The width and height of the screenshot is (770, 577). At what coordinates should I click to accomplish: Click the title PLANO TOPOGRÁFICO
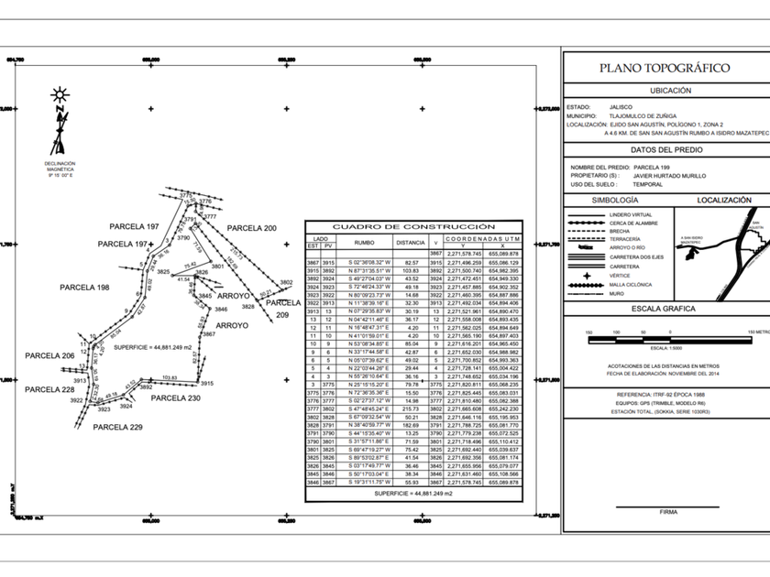pyautogui.click(x=664, y=68)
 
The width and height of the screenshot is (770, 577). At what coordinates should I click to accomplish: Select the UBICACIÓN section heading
pyautogui.click(x=664, y=91)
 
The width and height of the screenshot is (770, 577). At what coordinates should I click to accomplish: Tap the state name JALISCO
pyautogui.click(x=621, y=106)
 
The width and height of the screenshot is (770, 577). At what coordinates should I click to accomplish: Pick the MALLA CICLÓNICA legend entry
pyautogui.click(x=630, y=284)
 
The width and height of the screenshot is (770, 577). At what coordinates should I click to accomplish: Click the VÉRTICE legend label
pyautogui.click(x=622, y=275)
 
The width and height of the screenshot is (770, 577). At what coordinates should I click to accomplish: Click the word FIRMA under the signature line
pyautogui.click(x=667, y=512)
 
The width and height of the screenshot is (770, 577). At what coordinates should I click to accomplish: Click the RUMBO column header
pyautogui.click(x=365, y=243)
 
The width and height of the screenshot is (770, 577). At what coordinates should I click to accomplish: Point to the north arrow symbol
pyautogui.click(x=60, y=124)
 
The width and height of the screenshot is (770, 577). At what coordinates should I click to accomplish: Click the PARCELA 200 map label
pyautogui.click(x=252, y=227)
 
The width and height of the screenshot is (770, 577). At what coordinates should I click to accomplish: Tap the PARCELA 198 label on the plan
pyautogui.click(x=84, y=288)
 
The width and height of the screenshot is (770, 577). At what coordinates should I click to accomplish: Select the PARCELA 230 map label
pyautogui.click(x=175, y=398)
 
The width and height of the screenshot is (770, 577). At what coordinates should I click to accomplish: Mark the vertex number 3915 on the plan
pyautogui.click(x=206, y=384)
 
